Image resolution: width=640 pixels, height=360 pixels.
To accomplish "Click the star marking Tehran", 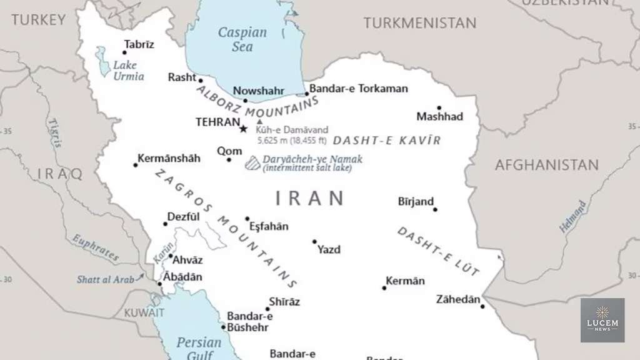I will point(243,129).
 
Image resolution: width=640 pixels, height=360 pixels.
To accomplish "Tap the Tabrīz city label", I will point(139,44).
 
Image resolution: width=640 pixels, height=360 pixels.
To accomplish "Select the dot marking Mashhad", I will point(439,108).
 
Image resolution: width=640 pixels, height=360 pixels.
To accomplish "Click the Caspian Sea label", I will point(242,39).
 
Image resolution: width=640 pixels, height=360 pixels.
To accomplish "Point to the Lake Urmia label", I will point(128,71).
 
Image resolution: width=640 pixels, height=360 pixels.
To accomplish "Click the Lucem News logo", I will point(602,319).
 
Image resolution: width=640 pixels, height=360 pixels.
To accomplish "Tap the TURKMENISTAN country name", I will point(419,23).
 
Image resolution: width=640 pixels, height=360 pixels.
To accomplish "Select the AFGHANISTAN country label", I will point(546,166).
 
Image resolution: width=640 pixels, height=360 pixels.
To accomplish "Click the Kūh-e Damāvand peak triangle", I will point(260,121).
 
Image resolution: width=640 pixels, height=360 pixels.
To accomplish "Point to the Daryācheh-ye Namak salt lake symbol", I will point(252,163).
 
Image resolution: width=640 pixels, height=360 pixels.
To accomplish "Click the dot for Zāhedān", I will point(482,306).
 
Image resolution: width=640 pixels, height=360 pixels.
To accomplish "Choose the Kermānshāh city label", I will point(169,158).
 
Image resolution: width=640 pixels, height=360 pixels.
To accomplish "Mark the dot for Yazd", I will point(314,241).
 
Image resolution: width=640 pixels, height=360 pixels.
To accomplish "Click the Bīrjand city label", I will point(416,201).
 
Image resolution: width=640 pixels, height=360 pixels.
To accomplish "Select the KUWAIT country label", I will point(144,312).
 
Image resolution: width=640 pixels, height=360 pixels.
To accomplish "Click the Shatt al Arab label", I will point(105,279).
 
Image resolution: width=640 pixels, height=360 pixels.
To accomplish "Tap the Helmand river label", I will point(573,217).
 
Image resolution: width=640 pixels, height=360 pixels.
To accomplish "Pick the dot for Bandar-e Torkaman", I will point(306,94).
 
